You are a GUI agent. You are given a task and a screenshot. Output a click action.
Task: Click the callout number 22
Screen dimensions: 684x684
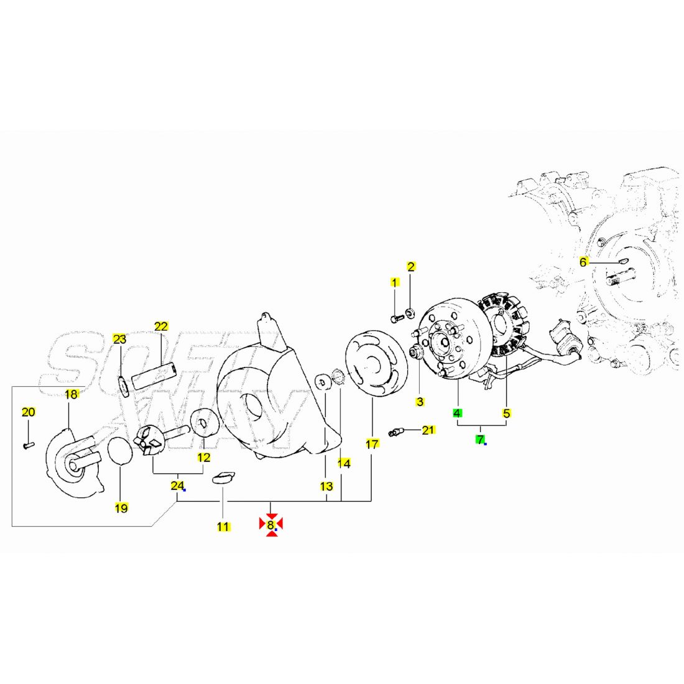161,326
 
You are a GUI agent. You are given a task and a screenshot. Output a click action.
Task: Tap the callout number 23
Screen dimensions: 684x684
119,339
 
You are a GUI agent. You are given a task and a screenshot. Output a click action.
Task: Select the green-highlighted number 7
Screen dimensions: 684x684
480,440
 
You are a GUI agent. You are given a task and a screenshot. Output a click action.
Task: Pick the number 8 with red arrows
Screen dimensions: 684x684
271,524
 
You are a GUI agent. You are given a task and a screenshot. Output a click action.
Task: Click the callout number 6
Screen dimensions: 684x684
583,262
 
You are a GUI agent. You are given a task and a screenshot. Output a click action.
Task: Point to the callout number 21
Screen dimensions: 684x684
428,430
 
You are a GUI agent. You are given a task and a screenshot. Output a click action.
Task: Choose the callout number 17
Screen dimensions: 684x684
372,444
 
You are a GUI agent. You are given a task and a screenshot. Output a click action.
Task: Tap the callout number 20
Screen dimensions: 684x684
29,412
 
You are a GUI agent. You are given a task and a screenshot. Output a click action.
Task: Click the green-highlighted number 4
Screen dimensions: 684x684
457,413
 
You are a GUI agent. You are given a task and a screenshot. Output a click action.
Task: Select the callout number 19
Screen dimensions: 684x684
121,508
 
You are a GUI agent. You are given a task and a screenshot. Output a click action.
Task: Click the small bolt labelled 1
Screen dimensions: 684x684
397,319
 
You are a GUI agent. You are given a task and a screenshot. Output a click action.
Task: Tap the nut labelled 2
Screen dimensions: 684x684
410,312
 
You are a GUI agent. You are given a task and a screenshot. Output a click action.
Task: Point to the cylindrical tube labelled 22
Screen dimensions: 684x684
154,376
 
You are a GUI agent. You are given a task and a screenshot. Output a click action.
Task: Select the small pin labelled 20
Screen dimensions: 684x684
29,445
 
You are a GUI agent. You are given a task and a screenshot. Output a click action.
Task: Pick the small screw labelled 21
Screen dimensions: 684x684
396,432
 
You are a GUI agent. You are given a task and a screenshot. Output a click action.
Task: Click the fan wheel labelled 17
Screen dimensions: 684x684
376,363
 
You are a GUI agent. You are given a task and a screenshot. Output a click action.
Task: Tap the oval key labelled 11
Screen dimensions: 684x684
223,478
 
